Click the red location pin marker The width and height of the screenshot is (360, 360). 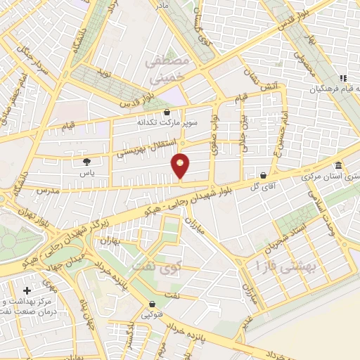(x=181, y=165)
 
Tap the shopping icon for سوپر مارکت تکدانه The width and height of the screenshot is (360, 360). (x=167, y=111)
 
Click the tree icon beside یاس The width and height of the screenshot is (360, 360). (x=86, y=161)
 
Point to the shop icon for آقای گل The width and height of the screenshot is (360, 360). (x=263, y=175)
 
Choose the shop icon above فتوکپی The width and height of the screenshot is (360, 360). (x=153, y=304)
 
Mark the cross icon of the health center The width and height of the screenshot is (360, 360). (x=27, y=290)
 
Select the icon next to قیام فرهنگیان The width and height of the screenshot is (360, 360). (x=342, y=78)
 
